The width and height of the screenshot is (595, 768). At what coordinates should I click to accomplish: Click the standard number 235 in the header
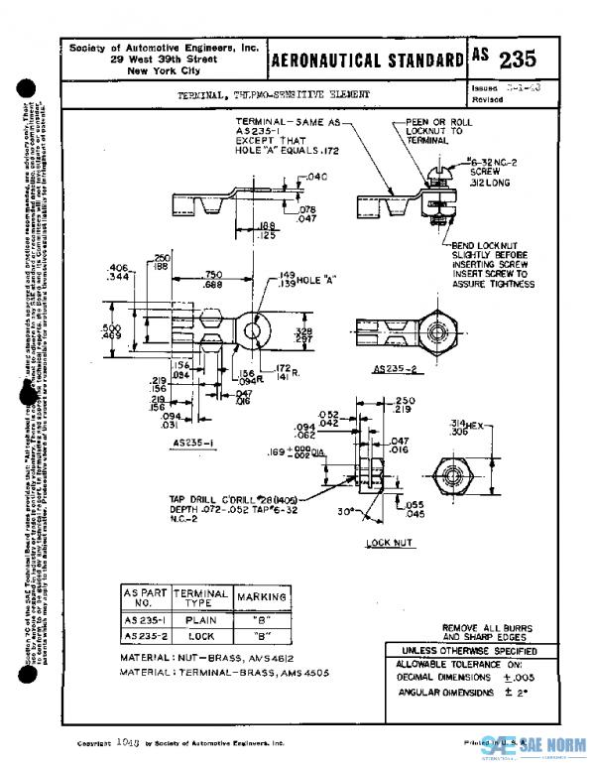[518, 59]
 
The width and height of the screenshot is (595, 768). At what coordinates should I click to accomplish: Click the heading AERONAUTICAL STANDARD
[366, 60]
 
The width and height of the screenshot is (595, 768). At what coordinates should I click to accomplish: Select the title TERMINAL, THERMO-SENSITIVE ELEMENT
[273, 95]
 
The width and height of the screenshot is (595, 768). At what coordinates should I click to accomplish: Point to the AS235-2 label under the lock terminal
[394, 369]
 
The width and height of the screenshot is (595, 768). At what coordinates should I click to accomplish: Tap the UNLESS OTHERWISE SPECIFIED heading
[462, 649]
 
